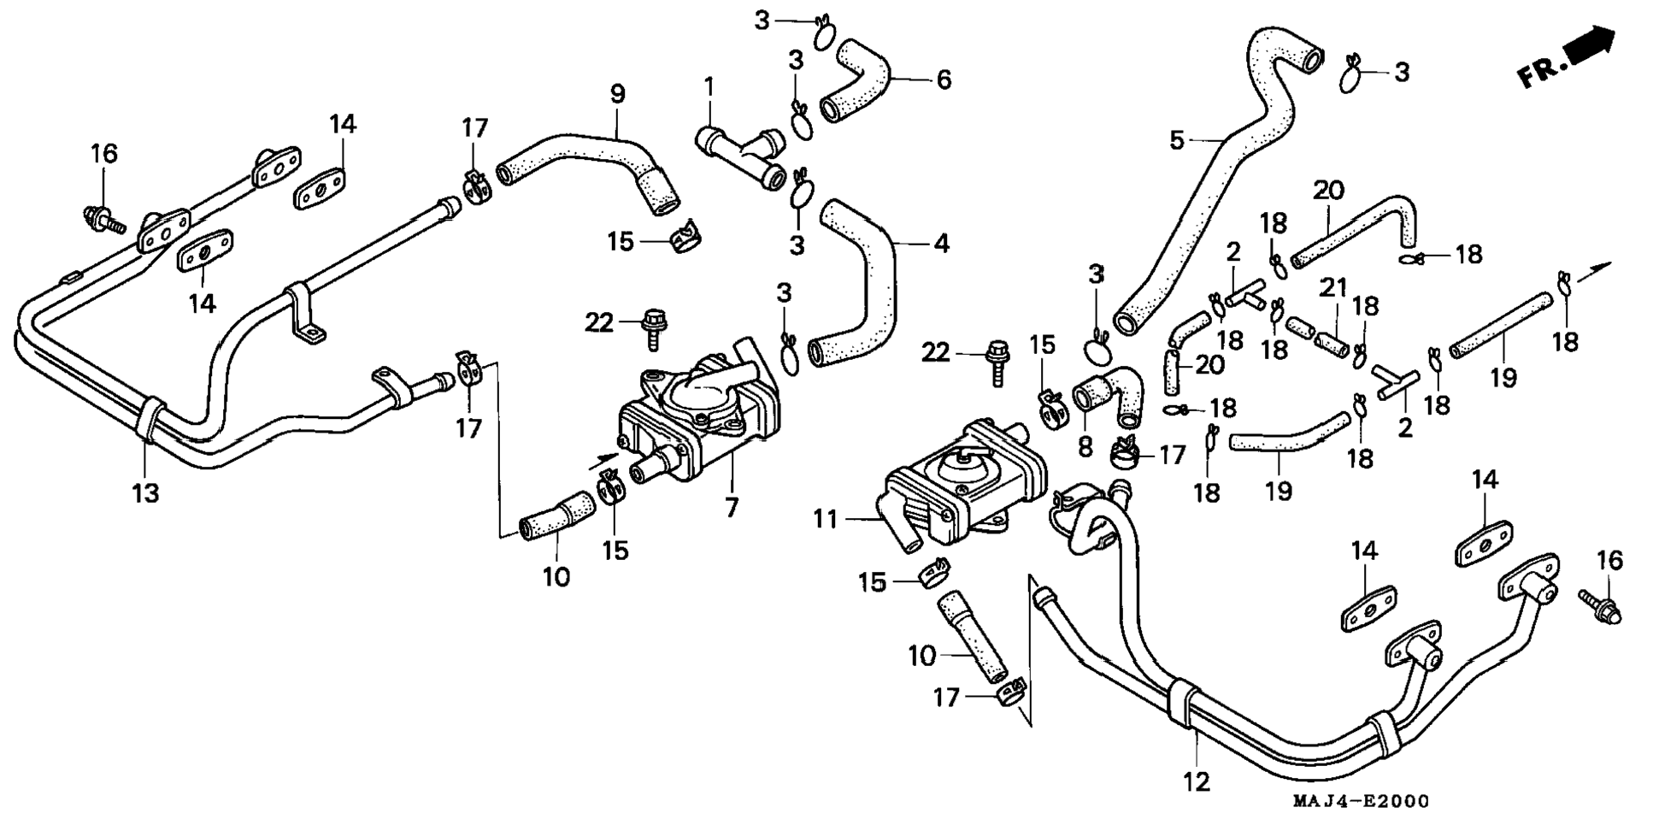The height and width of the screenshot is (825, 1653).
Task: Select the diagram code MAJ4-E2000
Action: tap(1360, 801)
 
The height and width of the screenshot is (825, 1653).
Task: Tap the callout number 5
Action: tap(1177, 139)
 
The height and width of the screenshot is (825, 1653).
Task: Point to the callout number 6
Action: tap(944, 80)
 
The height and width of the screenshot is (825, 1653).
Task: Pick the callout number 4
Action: tap(941, 244)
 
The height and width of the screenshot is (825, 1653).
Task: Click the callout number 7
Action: tap(732, 508)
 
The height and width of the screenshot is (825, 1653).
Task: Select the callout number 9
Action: tap(617, 93)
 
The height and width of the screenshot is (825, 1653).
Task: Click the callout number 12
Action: tap(1197, 781)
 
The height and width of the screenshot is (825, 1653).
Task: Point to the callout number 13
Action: tap(145, 492)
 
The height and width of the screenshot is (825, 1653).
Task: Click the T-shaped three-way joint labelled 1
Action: tap(742, 158)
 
